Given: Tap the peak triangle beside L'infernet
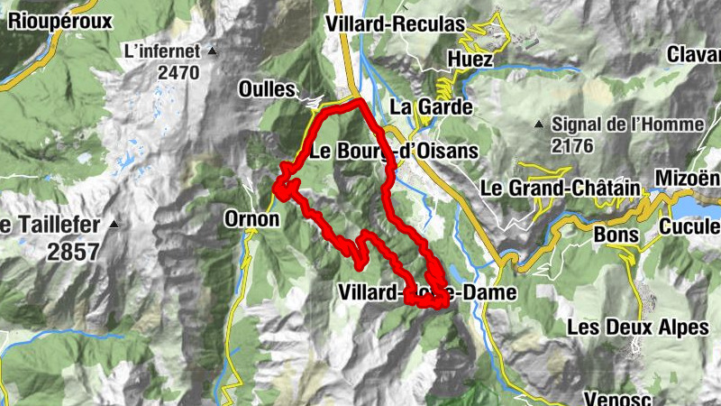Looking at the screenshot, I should pyautogui.click(x=213, y=51).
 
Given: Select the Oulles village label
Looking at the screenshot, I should pyautogui.click(x=267, y=89).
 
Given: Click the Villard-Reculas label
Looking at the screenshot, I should pyautogui.click(x=397, y=23).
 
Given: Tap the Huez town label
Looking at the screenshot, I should pyautogui.click(x=470, y=60).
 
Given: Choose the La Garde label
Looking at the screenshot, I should pyautogui.click(x=432, y=106).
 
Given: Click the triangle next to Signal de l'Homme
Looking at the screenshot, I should pyautogui.click(x=538, y=124).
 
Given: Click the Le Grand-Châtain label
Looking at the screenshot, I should pyautogui.click(x=560, y=189).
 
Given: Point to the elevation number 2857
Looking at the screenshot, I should pyautogui.click(x=73, y=252).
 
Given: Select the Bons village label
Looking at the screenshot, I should pyautogui.click(x=616, y=235).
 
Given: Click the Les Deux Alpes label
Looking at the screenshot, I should pyautogui.click(x=638, y=327).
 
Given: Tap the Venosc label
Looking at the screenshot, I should pyautogui.click(x=616, y=396).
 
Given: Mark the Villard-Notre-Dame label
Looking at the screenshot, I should pyautogui.click(x=428, y=292).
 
